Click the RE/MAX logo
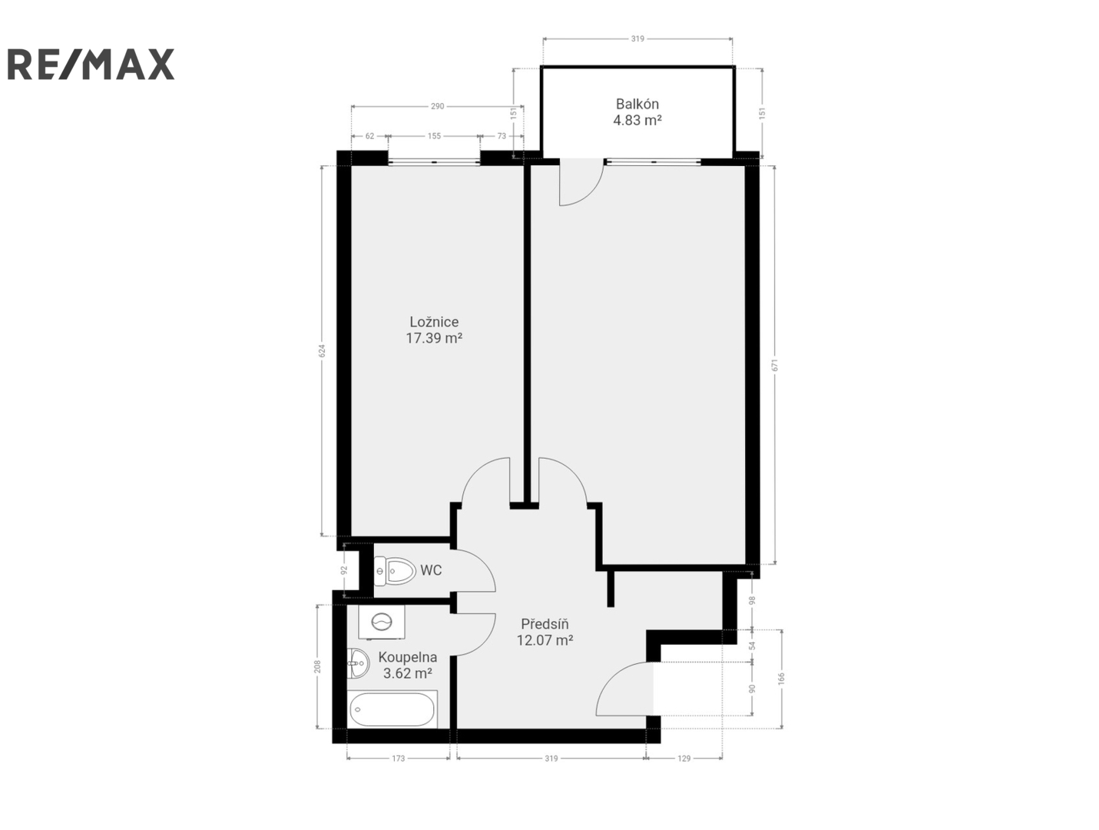91,64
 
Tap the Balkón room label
637,105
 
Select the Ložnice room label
434,321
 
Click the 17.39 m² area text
434,338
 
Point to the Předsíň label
545,624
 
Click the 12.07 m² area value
545,640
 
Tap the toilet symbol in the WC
395,571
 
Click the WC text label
431,570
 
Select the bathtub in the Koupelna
393,709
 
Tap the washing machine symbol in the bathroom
382,622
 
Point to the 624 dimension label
323,350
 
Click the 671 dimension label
775,365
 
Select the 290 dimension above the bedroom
437,106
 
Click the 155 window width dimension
434,136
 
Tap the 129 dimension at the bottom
684,759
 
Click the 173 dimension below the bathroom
398,759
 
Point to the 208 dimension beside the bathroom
317,667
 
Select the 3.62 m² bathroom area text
408,673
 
